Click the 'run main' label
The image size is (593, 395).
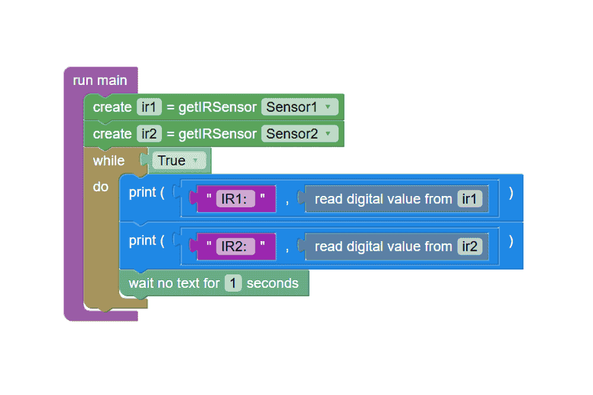[100, 80]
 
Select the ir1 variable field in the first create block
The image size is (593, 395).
[149, 107]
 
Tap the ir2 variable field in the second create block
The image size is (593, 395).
[149, 134]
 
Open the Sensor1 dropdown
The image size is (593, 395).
[299, 107]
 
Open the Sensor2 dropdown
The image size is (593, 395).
[299, 134]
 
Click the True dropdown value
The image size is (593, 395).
[178, 160]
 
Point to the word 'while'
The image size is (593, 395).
[109, 160]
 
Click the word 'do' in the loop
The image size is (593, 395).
[101, 187]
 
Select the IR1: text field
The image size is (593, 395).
[235, 198]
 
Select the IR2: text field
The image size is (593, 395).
[235, 247]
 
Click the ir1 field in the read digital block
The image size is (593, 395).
[469, 198]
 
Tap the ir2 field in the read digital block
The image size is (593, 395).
[469, 247]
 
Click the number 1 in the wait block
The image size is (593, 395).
[233, 283]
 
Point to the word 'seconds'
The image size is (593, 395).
[272, 283]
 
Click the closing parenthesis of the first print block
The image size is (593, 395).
[511, 193]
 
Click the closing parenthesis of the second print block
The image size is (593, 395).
[511, 241]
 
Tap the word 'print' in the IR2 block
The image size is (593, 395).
[142, 241]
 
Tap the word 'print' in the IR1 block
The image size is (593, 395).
[142, 192]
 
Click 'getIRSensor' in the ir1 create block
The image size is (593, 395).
[218, 107]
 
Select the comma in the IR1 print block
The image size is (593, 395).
[288, 202]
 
